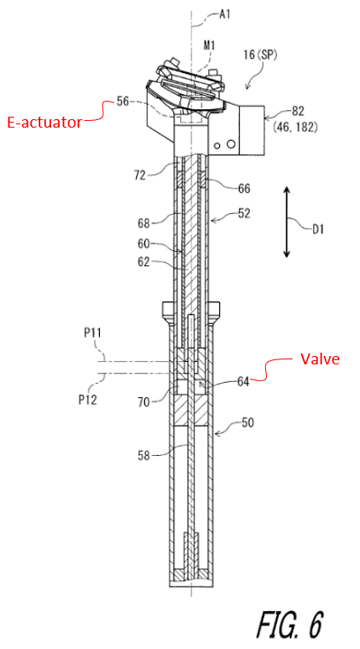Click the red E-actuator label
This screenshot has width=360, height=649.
(44, 123)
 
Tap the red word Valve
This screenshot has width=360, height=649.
(319, 359)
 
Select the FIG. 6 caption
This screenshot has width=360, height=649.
(290, 623)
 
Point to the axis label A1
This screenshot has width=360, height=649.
(225, 17)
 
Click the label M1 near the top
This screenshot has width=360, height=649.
(209, 45)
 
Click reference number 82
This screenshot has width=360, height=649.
(298, 111)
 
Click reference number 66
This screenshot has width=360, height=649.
(243, 188)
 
